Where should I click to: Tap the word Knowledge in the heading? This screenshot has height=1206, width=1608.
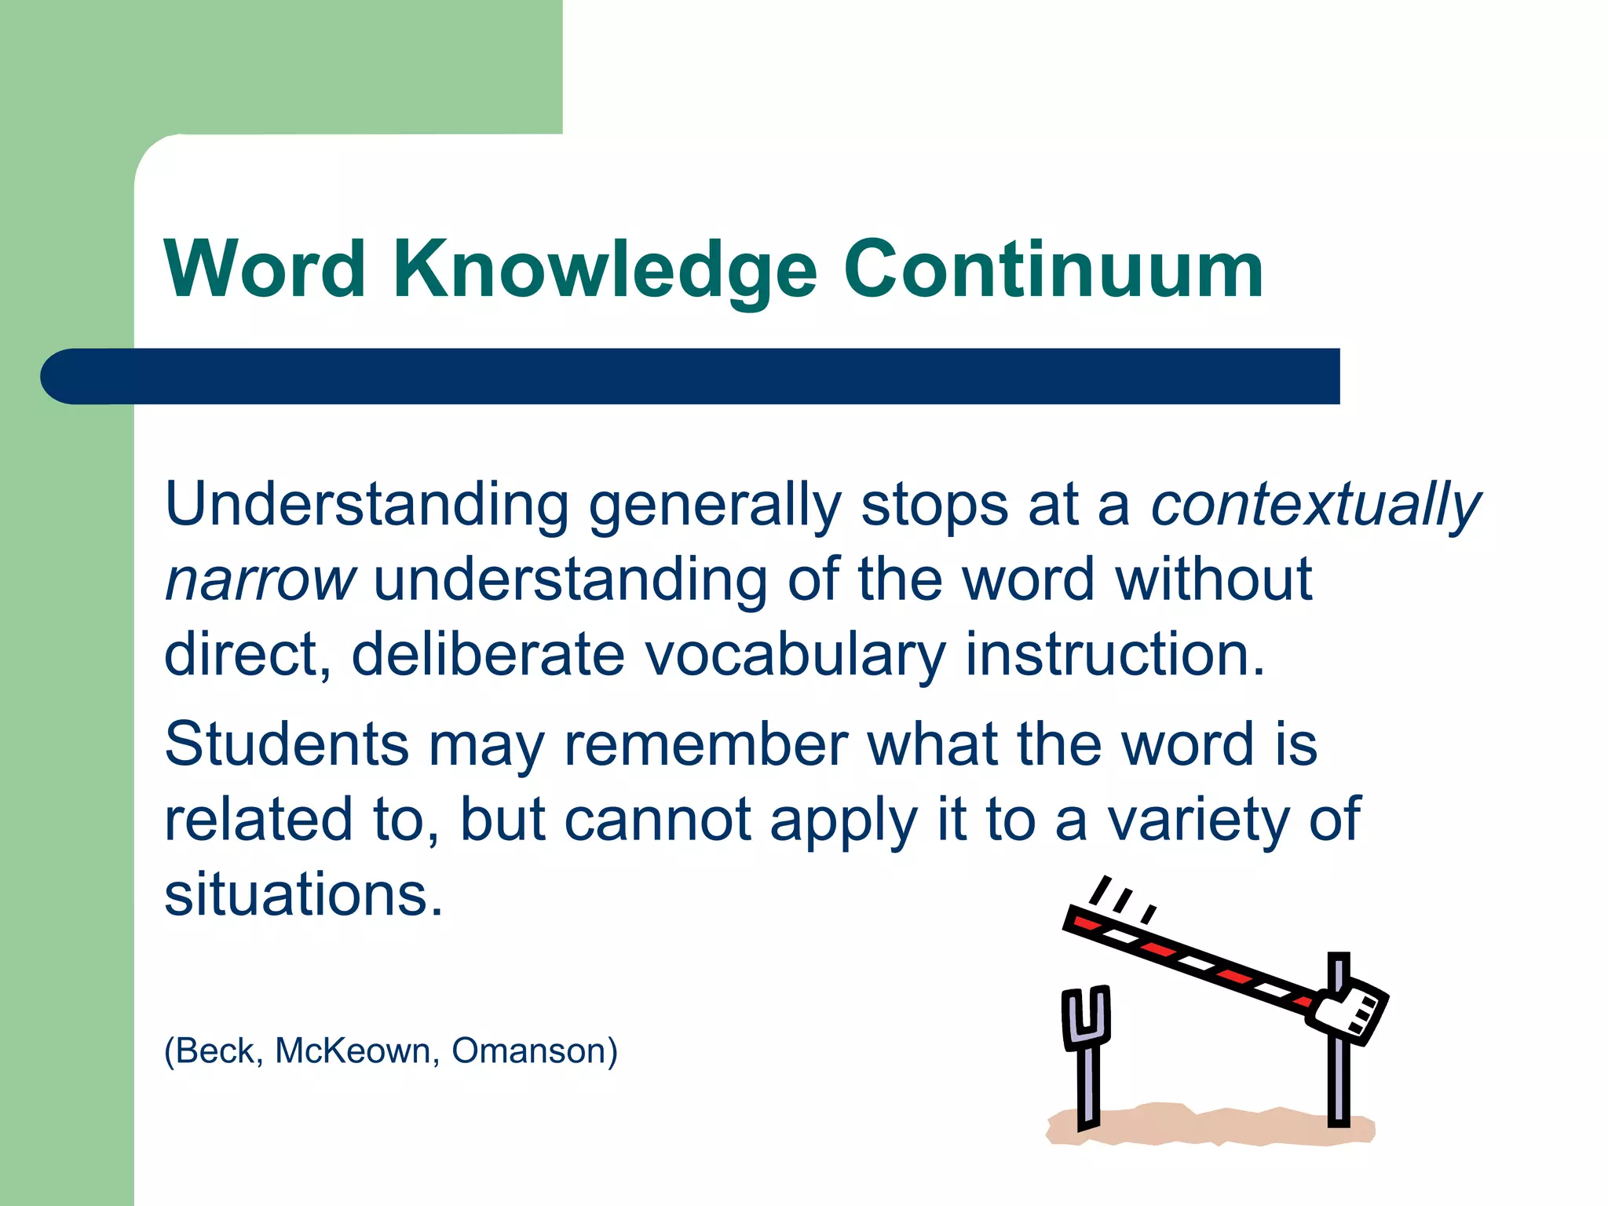605,271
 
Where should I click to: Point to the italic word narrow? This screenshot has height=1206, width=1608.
260,581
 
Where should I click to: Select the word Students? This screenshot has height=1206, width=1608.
287,744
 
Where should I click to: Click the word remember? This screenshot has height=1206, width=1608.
706,744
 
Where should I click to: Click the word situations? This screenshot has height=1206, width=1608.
303,895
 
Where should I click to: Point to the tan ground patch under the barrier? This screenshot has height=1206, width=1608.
1209,1127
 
